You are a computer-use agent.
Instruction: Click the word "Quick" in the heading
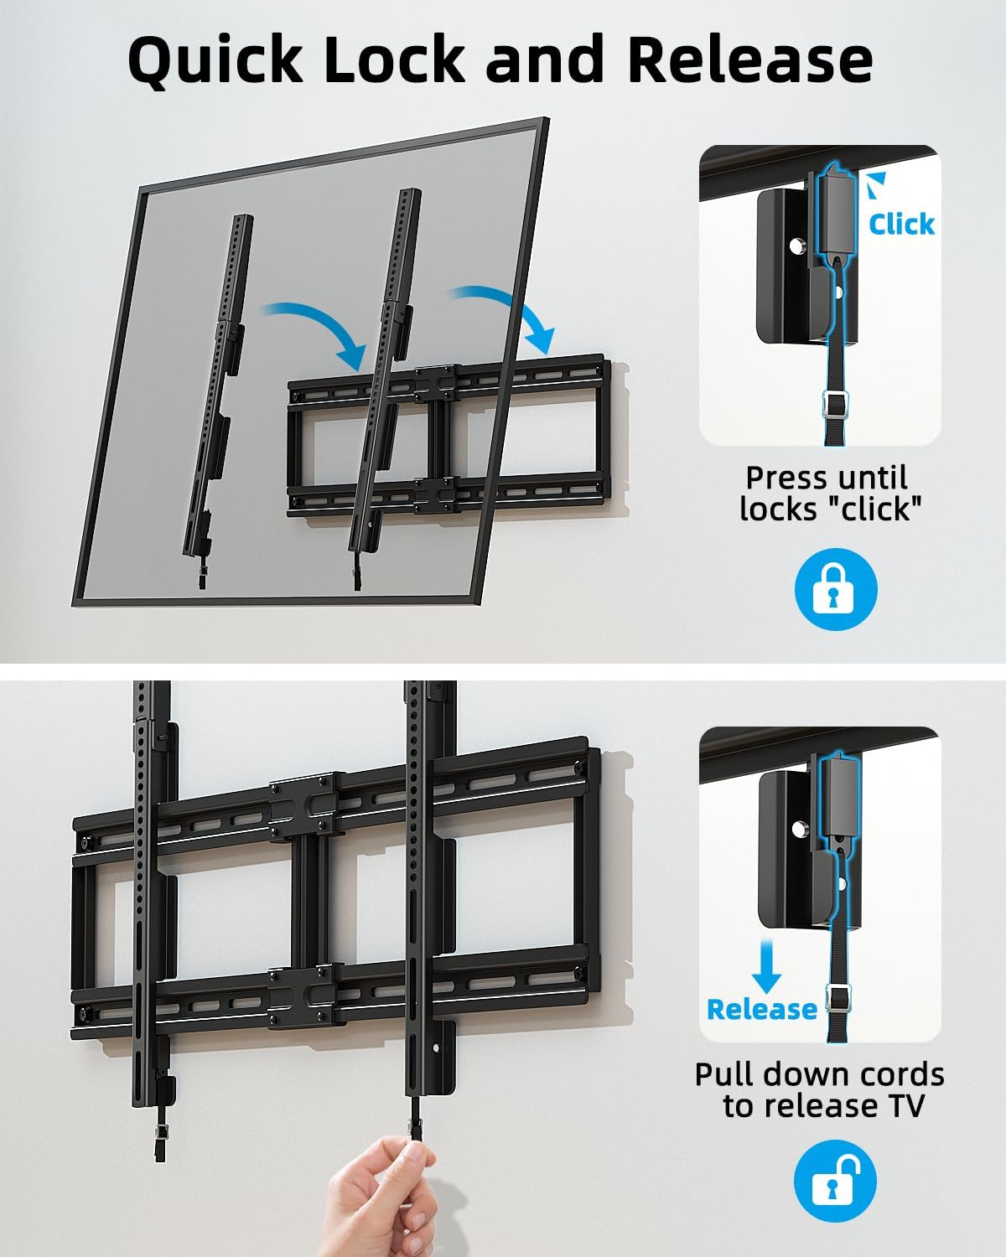[x=215, y=60]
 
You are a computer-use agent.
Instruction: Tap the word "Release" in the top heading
[x=749, y=60]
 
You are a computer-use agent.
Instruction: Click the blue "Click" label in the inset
[x=901, y=224]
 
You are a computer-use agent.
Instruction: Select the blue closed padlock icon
[x=835, y=590]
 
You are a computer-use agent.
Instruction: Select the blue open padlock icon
[x=835, y=1184]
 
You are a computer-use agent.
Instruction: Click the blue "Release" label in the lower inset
[x=761, y=1009]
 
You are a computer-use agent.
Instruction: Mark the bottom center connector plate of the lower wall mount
[x=303, y=996]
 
